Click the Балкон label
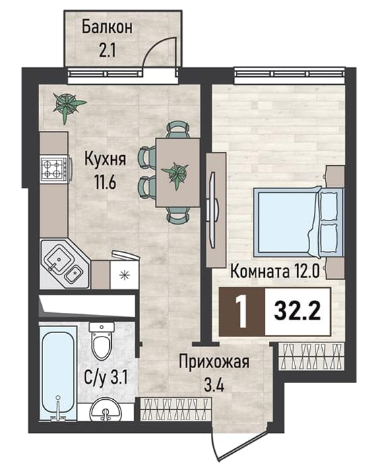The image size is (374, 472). click(107, 28)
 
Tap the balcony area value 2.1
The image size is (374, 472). click(107, 51)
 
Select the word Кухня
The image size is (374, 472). click(105, 159)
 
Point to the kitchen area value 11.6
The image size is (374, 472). click(105, 181)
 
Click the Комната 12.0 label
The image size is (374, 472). click(274, 272)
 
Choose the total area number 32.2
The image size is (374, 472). click(297, 312)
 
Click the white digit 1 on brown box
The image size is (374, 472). click(242, 312)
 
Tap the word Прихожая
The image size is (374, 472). click(214, 362)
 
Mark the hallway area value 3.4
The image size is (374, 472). click(214, 385)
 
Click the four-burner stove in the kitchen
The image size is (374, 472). click(55, 169)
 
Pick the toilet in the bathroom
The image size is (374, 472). click(102, 340)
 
